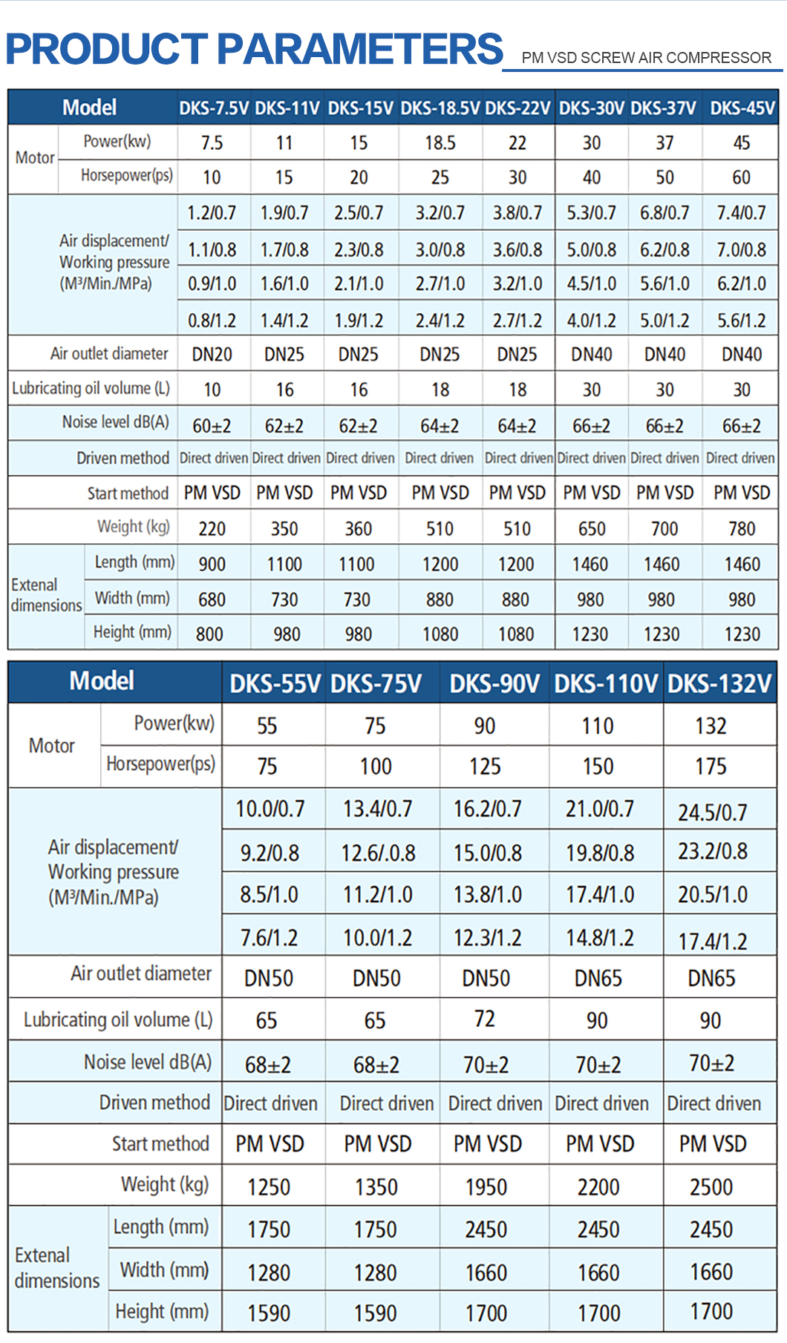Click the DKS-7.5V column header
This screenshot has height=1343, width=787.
(214, 108)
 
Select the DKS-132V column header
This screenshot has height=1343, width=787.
(719, 683)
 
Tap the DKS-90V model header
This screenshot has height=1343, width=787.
(494, 683)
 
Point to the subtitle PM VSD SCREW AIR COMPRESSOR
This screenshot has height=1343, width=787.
(646, 58)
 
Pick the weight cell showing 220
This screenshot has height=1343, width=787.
(212, 529)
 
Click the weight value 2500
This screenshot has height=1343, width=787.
(711, 1187)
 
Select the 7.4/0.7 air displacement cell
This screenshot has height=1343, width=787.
(741, 214)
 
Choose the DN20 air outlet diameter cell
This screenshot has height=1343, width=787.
(212, 355)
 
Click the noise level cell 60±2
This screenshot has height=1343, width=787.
(212, 426)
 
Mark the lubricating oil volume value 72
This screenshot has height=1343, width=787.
(484, 1019)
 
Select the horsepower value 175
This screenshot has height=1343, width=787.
(711, 766)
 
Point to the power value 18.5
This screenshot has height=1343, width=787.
(440, 142)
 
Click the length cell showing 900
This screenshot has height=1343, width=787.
(212, 565)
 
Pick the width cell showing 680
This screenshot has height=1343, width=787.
(212, 600)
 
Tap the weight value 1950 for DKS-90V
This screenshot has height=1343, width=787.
(486, 1187)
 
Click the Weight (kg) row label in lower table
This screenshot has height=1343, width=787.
(165, 1184)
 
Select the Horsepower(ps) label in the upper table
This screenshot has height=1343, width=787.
(126, 176)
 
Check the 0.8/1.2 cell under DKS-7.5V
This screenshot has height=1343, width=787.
(212, 321)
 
